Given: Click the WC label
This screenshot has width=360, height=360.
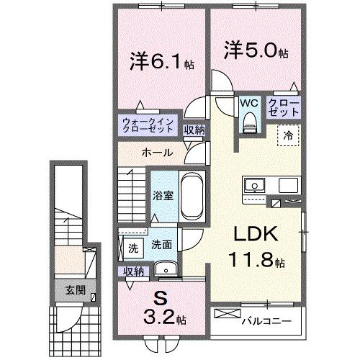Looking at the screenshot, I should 248,102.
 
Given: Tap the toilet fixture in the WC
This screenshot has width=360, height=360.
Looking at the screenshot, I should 249,125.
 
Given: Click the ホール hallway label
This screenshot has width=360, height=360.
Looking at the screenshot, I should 156,153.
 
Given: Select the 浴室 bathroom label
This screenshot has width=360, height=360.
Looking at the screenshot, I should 160,195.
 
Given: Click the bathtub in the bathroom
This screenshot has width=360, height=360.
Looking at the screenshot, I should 191,197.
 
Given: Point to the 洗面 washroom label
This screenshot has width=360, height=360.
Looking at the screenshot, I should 161,245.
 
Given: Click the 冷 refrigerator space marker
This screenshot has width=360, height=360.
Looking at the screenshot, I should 287,134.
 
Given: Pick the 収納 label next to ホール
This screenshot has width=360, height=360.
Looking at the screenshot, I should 192,130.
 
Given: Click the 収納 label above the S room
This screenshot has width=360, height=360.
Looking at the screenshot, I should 132,271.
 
